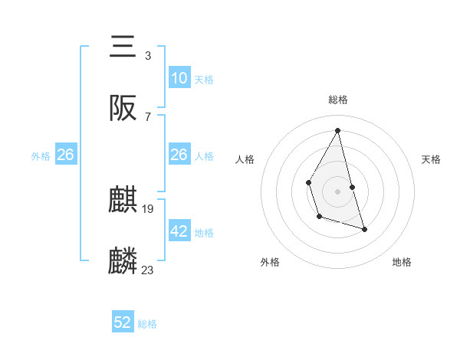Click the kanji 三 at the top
click(123, 47)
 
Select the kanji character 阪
click(123, 108)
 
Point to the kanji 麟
click(123, 260)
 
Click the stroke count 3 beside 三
click(147, 56)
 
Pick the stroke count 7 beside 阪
click(147, 116)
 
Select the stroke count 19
click(149, 209)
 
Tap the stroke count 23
click(148, 270)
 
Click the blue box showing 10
click(179, 77)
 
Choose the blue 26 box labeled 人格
click(179, 155)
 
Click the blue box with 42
click(179, 231)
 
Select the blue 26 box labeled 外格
click(65, 155)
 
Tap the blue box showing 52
click(123, 322)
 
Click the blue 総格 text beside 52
click(147, 324)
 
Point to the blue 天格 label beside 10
click(203, 79)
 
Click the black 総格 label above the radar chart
click(337, 100)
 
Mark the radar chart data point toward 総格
click(337, 129)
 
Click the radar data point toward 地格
click(364, 229)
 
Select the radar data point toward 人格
click(308, 182)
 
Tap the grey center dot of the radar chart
click(337, 190)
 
